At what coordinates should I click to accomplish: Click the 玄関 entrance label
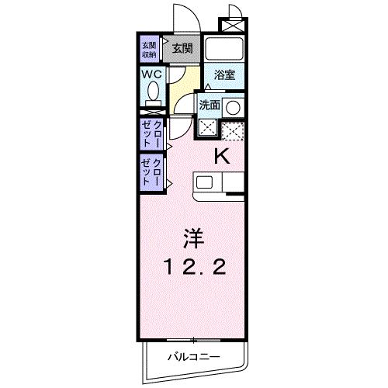click(182, 48)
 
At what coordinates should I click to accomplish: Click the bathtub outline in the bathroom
click(227, 49)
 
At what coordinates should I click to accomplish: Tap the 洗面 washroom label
click(210, 105)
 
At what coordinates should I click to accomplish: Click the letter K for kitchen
click(222, 155)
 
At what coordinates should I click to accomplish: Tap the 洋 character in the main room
click(194, 237)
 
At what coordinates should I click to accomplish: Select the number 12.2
click(194, 268)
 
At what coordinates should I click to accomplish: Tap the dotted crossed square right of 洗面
click(233, 130)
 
